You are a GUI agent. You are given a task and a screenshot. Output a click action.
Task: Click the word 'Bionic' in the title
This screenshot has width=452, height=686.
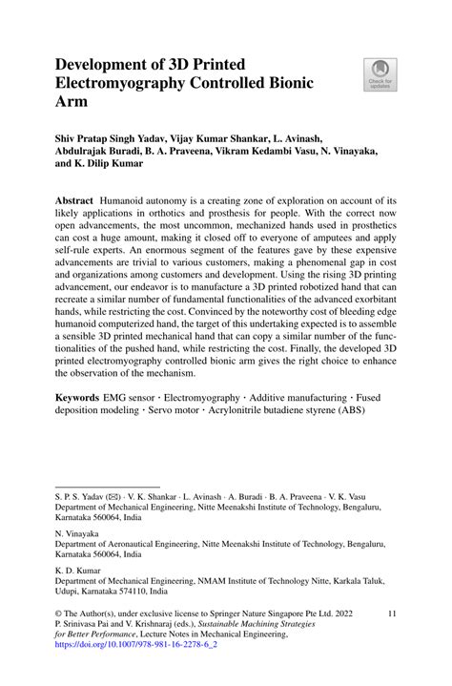point(286,83)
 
